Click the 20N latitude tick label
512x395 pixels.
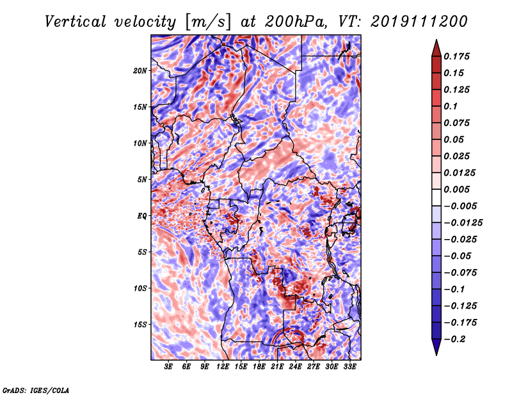140,71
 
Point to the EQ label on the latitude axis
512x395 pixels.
142,216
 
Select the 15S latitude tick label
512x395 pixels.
140,325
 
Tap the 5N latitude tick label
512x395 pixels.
142,180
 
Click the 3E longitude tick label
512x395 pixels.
168,367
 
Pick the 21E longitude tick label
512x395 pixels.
277,367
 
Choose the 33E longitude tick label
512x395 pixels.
349,367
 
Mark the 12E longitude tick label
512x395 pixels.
222,367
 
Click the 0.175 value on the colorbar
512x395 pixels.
456,56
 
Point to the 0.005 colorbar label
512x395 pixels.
456,189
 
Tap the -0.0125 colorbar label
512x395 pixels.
463,223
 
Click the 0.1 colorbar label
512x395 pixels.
451,106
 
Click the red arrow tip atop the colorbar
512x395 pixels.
436,40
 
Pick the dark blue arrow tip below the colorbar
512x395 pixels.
436,355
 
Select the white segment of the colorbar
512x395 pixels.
436,197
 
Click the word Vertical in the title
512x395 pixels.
76,22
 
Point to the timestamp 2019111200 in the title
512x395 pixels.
419,22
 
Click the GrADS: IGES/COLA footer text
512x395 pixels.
36,391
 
